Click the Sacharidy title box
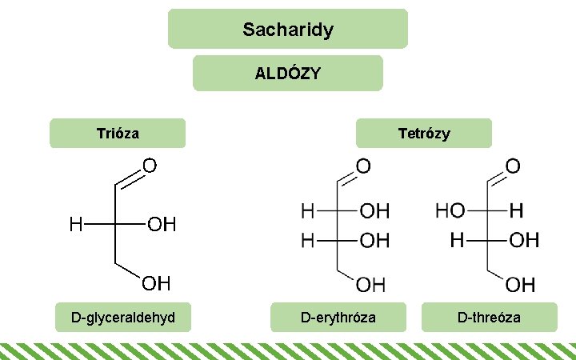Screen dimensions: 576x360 [x=288, y=30]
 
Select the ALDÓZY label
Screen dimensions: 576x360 [x=288, y=74]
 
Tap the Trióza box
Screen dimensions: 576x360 [x=118, y=134]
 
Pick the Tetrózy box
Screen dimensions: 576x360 [x=424, y=134]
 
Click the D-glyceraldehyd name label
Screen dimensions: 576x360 [x=123, y=318]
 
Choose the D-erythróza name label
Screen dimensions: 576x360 [x=338, y=318]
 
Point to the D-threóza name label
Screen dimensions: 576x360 [x=489, y=318]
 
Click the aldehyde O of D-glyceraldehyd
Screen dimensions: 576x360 [x=150, y=166]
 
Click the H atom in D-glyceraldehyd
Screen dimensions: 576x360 [x=75, y=225]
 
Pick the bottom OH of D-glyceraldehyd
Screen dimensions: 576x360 [x=157, y=283]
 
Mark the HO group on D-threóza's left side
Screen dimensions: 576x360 [x=450, y=212]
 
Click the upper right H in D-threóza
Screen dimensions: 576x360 [x=517, y=212]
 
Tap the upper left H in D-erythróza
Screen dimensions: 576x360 [x=307, y=212]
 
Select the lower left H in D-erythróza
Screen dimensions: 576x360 [x=307, y=240]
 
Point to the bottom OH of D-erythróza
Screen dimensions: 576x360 [x=370, y=284]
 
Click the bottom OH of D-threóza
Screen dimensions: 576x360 [x=520, y=284]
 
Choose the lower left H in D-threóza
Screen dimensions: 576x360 [x=458, y=240]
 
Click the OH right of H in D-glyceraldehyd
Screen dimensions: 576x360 [x=162, y=225]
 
